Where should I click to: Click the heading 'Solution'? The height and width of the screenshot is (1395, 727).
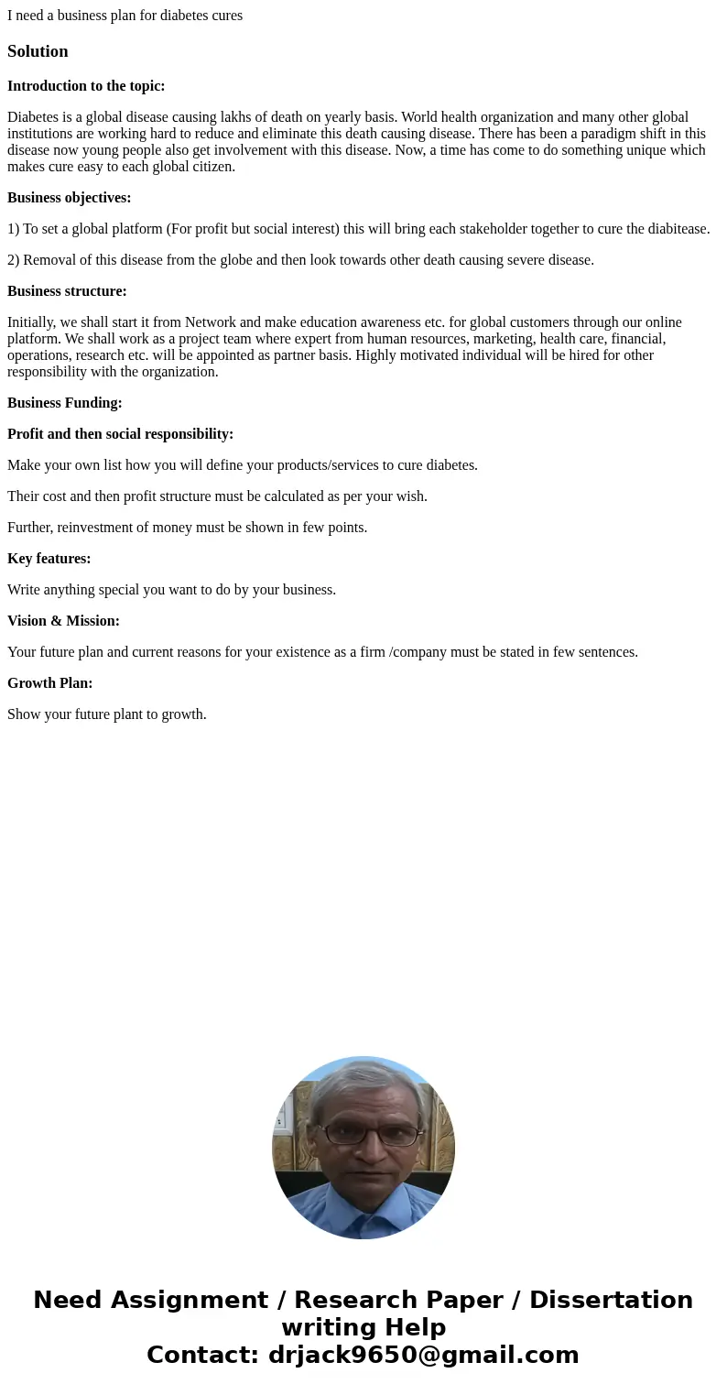tap(38, 51)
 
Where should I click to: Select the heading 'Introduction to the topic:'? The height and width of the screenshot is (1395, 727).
tap(86, 86)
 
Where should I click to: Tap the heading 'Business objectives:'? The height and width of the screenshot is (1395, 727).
tap(69, 198)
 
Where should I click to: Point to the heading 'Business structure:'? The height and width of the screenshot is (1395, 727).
tap(67, 291)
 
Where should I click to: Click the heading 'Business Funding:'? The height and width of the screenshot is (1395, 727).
tap(64, 403)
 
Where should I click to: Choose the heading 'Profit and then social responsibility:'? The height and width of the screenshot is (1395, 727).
tap(120, 434)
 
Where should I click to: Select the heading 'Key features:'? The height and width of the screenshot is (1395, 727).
tap(49, 559)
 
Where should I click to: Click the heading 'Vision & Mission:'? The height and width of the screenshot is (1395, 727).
tap(63, 621)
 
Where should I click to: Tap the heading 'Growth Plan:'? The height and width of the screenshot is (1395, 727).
tap(49, 683)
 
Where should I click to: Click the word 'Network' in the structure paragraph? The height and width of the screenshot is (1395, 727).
tap(211, 322)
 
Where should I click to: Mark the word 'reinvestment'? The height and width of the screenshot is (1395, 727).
tap(95, 528)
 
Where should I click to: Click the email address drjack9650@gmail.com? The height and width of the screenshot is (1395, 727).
tap(423, 1355)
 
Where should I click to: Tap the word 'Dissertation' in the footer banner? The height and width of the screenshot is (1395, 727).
tap(611, 1300)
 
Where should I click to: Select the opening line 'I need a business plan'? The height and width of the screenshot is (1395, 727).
tap(125, 16)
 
